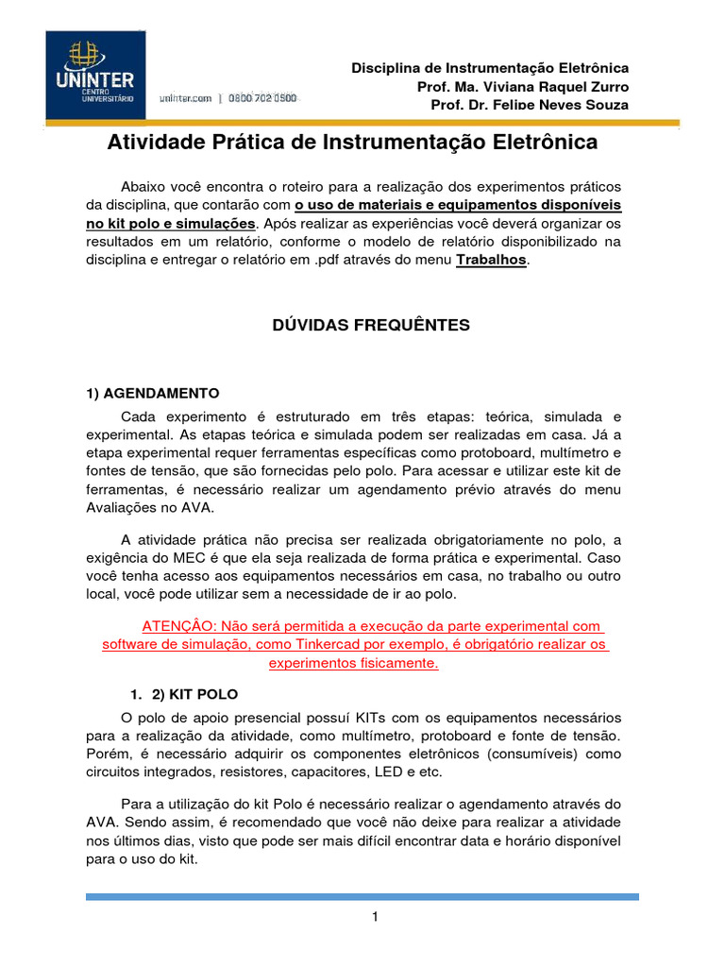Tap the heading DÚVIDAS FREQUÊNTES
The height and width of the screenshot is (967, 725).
(371, 325)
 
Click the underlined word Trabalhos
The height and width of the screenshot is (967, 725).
(491, 260)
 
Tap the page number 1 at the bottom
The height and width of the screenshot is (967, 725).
(375, 917)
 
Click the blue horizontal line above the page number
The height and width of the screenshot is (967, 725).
(362, 896)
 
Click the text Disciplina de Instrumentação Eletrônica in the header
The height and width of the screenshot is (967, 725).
(490, 69)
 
